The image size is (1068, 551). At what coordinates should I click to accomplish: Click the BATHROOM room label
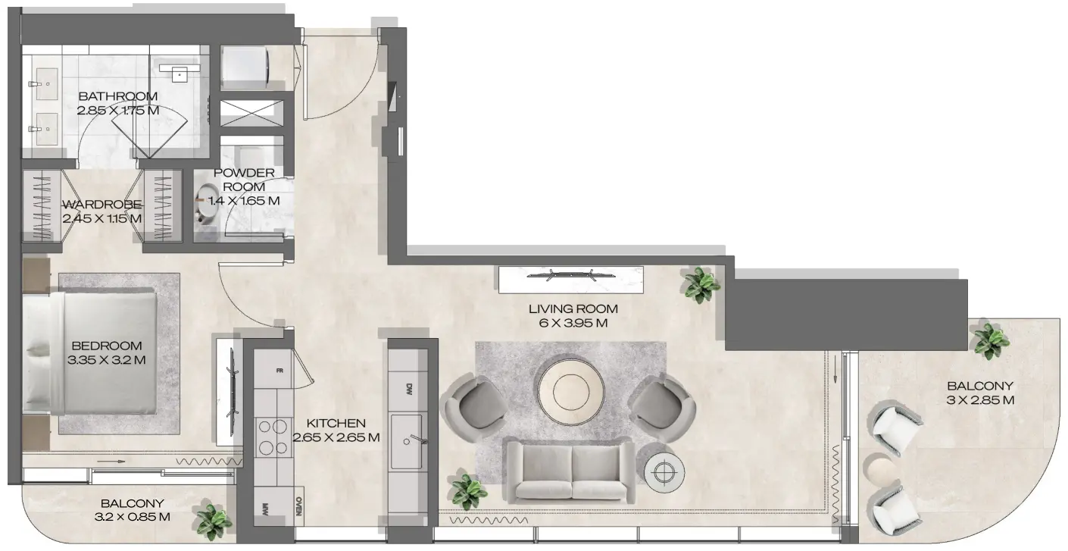tap(117, 96)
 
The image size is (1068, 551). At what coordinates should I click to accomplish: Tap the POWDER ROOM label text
tap(243, 180)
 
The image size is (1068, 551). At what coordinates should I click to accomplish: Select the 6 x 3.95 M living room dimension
tap(573, 324)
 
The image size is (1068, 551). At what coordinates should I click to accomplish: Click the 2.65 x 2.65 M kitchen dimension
tap(336, 437)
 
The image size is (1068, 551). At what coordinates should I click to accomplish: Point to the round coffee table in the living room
tap(571, 391)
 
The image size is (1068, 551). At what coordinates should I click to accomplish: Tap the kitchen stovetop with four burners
tap(273, 437)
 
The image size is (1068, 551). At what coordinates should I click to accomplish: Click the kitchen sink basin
tap(407, 441)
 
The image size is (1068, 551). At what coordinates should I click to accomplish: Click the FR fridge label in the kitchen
tap(279, 371)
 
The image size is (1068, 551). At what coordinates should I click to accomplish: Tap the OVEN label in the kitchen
tap(298, 506)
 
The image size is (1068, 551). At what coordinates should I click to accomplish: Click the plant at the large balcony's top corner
tap(990, 339)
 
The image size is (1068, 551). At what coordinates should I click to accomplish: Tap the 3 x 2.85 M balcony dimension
tap(980, 400)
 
